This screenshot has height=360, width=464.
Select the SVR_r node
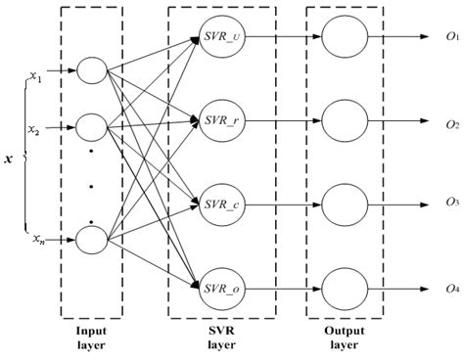coord(221,123)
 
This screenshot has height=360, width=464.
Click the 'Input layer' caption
coord(91,337)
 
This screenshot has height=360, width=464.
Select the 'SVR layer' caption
coord(221,337)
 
